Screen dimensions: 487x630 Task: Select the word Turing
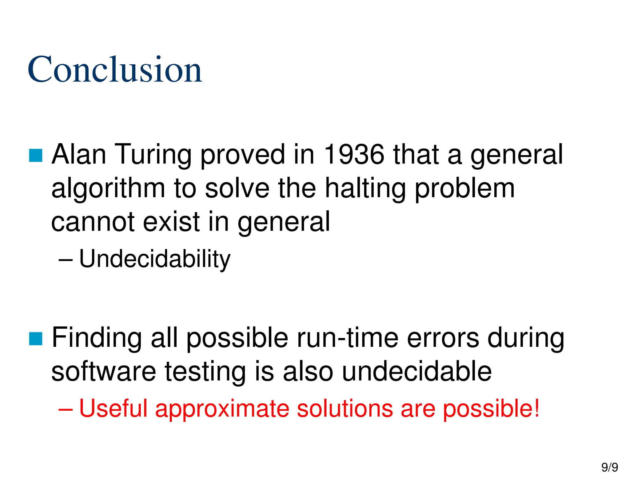pyautogui.click(x=153, y=155)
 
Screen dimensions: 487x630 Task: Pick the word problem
pyautogui.click(x=465, y=189)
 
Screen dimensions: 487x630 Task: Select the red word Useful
pyautogui.click(x=113, y=409)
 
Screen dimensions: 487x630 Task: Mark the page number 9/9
pyautogui.click(x=609, y=467)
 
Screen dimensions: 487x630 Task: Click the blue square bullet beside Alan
pyautogui.click(x=36, y=155)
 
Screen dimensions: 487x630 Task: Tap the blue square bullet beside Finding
pyautogui.click(x=36, y=339)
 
